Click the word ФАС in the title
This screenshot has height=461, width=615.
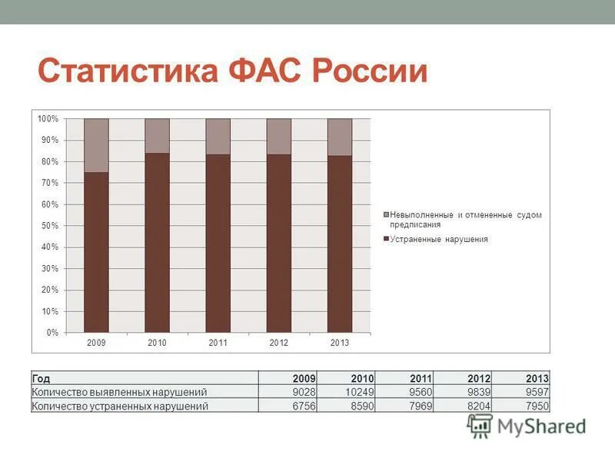(x=261, y=71)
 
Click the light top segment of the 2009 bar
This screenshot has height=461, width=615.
(x=96, y=145)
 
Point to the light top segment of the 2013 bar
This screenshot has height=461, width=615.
(x=339, y=137)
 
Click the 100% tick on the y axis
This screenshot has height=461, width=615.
(x=48, y=119)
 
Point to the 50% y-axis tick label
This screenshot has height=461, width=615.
(x=50, y=226)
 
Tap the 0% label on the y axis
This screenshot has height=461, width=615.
(x=52, y=333)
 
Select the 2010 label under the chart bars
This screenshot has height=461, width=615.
(x=157, y=343)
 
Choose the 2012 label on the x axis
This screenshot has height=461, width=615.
(x=278, y=343)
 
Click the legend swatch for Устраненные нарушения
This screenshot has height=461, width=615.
(x=385, y=239)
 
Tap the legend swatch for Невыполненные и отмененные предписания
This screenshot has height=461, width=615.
(x=385, y=215)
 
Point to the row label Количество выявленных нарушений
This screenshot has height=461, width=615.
(x=119, y=392)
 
